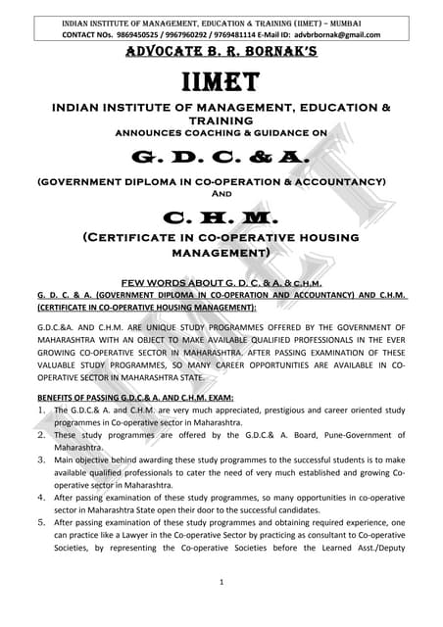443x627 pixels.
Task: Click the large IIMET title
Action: click(221, 79)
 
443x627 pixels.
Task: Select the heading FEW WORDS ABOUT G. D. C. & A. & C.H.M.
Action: click(221, 282)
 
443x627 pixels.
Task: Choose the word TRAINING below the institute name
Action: click(221, 119)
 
